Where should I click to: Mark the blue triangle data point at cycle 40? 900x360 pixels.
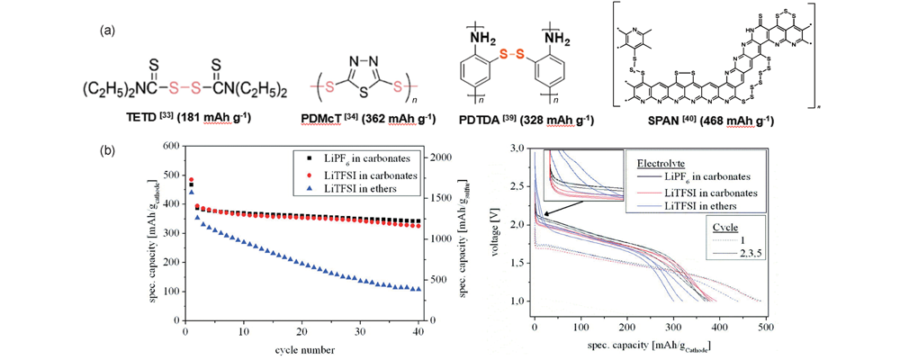click(418, 289)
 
